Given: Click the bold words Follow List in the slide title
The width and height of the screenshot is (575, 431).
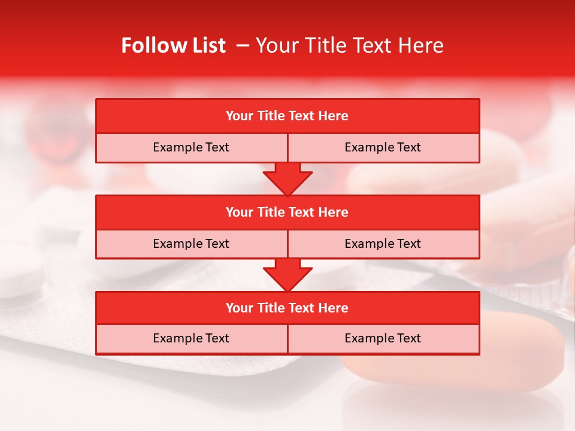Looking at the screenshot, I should tap(173, 45).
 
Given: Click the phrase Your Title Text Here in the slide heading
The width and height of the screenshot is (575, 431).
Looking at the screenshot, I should tap(349, 45).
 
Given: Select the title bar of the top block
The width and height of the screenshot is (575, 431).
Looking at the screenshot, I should tap(287, 116).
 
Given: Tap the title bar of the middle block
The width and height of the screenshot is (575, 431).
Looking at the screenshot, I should tap(287, 212).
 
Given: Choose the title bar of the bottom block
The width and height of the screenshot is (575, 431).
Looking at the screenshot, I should tap(287, 308).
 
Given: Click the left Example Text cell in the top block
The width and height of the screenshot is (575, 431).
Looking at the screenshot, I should tap(191, 147).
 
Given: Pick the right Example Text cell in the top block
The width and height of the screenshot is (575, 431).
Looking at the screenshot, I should tap(383, 147).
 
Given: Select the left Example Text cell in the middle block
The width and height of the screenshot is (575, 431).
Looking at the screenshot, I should tap(191, 244).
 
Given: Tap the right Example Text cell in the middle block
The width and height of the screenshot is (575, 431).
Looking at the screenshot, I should tap(383, 244).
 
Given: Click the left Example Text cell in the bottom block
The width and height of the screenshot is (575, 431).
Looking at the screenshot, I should tap(191, 338).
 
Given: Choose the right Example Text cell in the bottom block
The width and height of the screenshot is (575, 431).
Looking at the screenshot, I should tap(383, 338).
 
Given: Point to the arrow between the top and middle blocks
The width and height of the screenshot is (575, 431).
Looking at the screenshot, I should tap(287, 179).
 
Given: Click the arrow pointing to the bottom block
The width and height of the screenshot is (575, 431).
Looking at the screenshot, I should tap(287, 275).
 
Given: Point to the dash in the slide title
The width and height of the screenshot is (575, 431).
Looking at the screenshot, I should tap(243, 45).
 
